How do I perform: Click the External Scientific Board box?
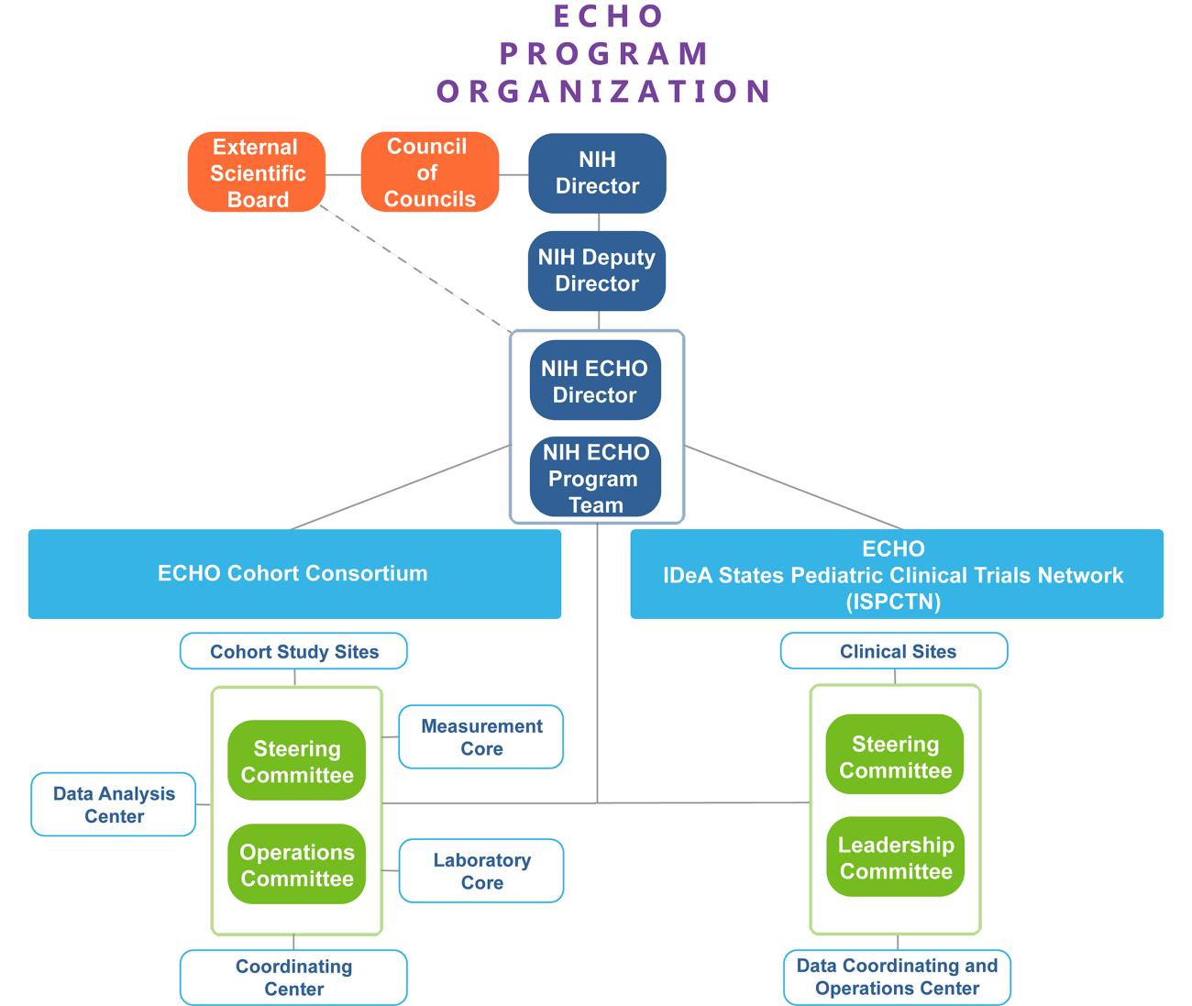click(257, 172)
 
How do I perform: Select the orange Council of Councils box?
click(429, 172)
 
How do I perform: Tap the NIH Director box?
click(597, 172)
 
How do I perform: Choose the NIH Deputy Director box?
click(597, 271)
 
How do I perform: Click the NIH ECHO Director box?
click(595, 381)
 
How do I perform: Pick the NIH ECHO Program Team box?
click(595, 477)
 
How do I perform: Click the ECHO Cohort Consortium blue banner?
click(293, 573)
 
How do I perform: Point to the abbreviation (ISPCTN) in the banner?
click(893, 602)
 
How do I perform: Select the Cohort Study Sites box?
click(293, 651)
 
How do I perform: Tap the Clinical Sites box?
click(894, 651)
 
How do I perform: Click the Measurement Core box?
click(481, 736)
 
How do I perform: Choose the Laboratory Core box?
click(481, 871)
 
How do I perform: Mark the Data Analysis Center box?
click(114, 804)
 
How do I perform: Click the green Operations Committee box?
click(297, 865)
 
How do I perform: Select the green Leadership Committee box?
click(895, 857)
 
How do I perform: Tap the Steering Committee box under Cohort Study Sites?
click(297, 761)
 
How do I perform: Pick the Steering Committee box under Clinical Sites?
click(895, 757)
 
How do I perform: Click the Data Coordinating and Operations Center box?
click(897, 977)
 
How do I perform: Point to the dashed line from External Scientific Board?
click(417, 271)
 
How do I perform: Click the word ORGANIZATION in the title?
click(603, 91)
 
